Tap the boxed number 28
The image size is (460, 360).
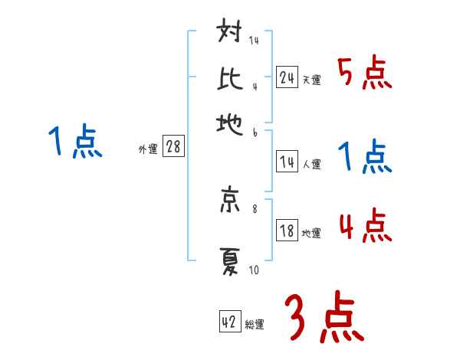173,147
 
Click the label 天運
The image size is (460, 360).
311,80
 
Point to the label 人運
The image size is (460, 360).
311,164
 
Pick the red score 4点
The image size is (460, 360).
364,227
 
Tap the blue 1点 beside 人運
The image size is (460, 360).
364,157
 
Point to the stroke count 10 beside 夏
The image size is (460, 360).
255,270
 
